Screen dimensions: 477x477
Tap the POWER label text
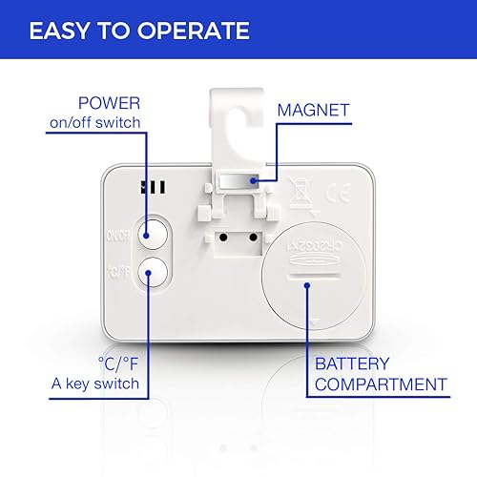pyautogui.click(x=110, y=103)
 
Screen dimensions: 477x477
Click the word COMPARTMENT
pyautogui.click(x=379, y=384)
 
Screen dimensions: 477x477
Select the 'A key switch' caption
pyautogui.click(x=96, y=384)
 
